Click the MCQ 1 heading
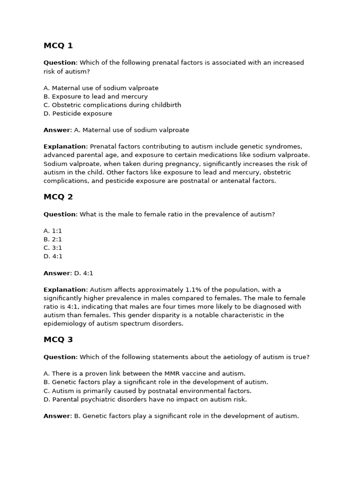point(58,45)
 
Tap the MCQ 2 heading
point(58,197)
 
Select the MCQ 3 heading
point(58,339)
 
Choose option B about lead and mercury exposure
point(96,97)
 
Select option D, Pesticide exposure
point(78,113)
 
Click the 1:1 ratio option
point(53,231)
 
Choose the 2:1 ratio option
point(53,240)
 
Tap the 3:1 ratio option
point(53,248)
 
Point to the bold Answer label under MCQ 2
point(56,273)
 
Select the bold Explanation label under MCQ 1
point(65,147)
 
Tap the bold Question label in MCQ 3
point(60,357)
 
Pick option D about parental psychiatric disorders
point(145,399)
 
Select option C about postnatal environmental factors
point(148,391)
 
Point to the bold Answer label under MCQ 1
point(56,130)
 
